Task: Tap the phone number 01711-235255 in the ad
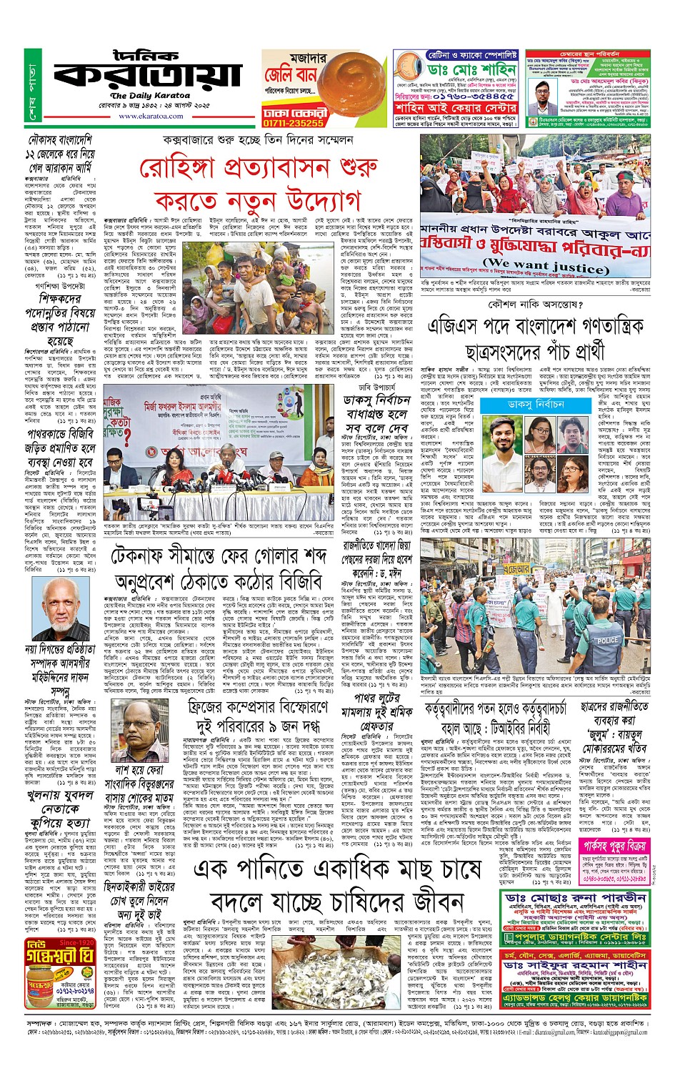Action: click(293, 123)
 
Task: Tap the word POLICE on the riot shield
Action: click(608, 640)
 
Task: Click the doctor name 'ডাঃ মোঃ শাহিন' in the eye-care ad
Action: click(471, 70)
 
